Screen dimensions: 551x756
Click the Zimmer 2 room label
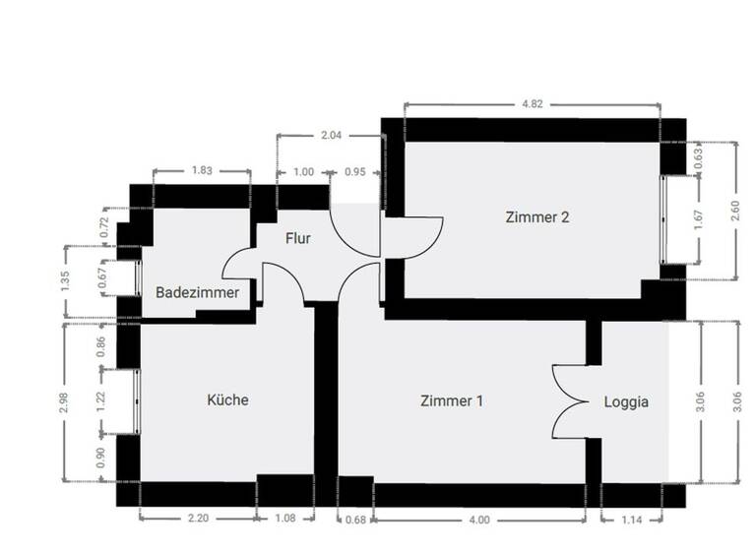(537, 217)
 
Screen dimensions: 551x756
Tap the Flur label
(298, 238)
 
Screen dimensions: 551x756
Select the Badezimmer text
(197, 292)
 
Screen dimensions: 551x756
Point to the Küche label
(227, 400)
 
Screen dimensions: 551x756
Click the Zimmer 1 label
(452, 401)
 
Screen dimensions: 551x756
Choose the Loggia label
(626, 401)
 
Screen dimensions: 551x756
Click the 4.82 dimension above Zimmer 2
(533, 102)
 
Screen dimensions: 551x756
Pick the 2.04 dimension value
(331, 136)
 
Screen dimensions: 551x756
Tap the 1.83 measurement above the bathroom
(202, 170)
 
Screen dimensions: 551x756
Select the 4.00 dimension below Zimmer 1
(480, 520)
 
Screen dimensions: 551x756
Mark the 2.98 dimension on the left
(64, 401)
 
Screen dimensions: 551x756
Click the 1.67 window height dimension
(699, 219)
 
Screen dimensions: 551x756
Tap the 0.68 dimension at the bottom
(355, 520)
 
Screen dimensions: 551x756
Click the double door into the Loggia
(571, 401)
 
